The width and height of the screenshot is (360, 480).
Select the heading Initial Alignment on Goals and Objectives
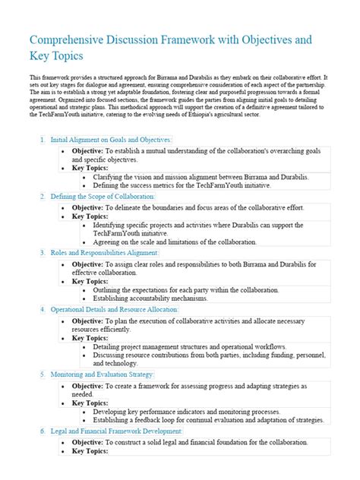click(111, 140)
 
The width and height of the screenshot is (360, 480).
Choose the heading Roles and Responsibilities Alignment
click(106, 252)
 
